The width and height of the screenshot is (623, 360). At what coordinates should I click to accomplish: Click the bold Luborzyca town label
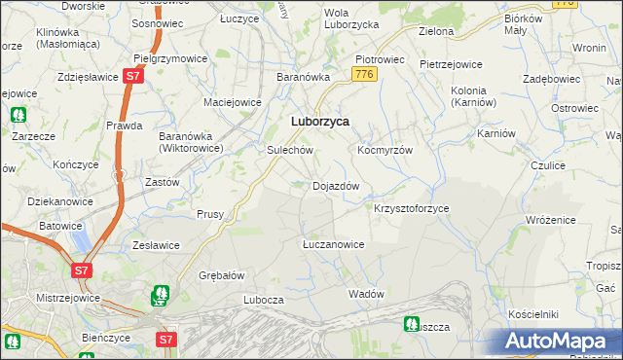[320, 122]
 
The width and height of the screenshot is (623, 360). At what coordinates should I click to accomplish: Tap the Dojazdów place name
[336, 186]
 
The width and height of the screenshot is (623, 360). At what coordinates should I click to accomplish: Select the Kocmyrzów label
[385, 151]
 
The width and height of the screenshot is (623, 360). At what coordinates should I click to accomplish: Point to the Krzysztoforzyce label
[412, 209]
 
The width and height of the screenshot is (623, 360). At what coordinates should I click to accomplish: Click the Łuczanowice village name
[333, 244]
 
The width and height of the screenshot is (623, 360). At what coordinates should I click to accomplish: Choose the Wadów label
[367, 294]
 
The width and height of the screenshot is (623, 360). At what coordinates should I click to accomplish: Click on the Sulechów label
[289, 151]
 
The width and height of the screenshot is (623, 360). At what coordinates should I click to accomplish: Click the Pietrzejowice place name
[451, 64]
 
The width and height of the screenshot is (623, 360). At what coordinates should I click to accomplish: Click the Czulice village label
[548, 165]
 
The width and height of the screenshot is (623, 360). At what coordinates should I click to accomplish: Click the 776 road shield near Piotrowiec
[365, 74]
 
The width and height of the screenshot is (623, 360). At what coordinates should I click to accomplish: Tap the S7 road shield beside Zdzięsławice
[134, 75]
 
